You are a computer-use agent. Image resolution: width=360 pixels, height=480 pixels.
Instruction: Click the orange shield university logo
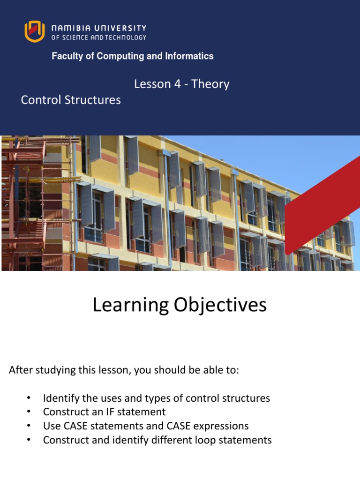point(34,31)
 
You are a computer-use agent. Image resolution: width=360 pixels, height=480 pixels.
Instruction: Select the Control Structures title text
point(71,100)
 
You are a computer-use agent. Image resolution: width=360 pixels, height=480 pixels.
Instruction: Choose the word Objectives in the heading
point(220,306)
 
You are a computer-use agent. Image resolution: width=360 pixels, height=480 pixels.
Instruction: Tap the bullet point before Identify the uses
point(29,398)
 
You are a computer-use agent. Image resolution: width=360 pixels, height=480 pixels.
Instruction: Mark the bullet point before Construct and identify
point(29,440)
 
